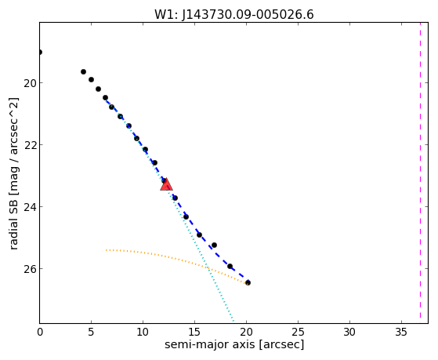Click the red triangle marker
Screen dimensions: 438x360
click(166, 184)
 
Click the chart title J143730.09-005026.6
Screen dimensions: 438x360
click(248, 14)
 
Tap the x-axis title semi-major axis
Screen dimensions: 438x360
click(209, 344)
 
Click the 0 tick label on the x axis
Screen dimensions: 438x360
click(40, 332)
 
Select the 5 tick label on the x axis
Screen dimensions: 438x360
click(91, 332)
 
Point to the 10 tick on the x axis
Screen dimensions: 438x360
click(143, 332)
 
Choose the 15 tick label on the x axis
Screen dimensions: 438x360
click(194, 332)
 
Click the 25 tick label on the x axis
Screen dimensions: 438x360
click(298, 332)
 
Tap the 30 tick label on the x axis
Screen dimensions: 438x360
click(349, 332)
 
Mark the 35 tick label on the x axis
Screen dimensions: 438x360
click(401, 332)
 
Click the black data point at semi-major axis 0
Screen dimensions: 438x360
click(40, 52)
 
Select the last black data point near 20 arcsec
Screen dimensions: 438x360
click(248, 282)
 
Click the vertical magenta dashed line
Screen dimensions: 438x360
click(420, 173)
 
